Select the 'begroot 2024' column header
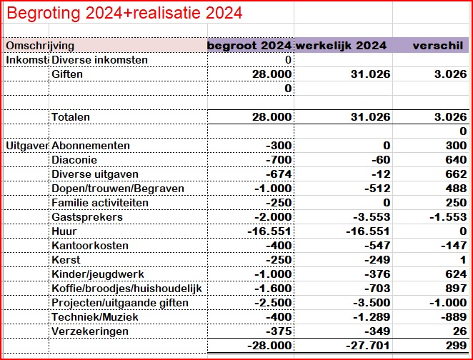(x=249, y=46)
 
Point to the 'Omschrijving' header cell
(x=40, y=46)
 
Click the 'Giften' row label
(x=66, y=74)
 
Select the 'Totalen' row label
(x=72, y=117)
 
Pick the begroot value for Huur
(x=269, y=231)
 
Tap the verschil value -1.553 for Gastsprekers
(x=447, y=217)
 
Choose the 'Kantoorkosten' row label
(x=90, y=246)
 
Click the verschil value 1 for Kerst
(x=463, y=260)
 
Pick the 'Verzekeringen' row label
(x=90, y=331)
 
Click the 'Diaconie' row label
(x=74, y=160)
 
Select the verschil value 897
(x=455, y=289)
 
